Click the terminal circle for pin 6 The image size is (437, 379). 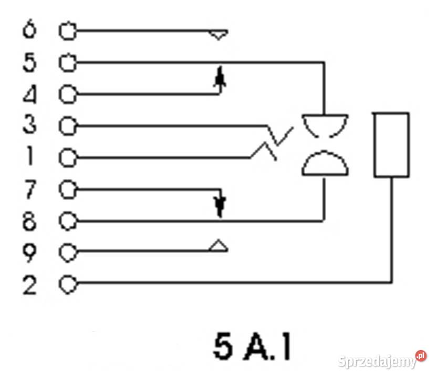pos(67,32)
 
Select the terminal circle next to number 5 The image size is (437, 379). pos(67,63)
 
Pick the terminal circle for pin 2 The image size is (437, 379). pos(67,285)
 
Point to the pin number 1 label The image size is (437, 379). pos(29,157)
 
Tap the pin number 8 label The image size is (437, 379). pos(29,222)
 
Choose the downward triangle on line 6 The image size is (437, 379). pos(218,35)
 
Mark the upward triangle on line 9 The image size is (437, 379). pos(218,246)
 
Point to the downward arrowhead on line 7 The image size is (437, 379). pos(221,206)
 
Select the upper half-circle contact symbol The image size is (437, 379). pos(325,124)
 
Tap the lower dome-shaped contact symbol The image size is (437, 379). pos(325,163)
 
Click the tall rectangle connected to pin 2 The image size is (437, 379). pos(391,144)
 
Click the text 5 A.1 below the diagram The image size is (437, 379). pos(252,346)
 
